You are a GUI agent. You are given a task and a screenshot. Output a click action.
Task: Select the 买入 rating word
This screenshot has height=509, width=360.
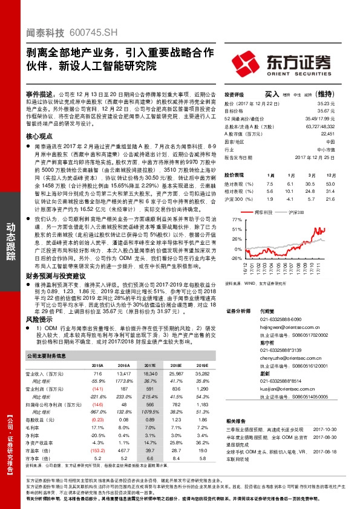pyautogui.click(x=272, y=95)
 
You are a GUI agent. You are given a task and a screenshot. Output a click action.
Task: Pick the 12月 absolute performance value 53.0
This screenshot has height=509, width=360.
pyautogui.click(x=330, y=183)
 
